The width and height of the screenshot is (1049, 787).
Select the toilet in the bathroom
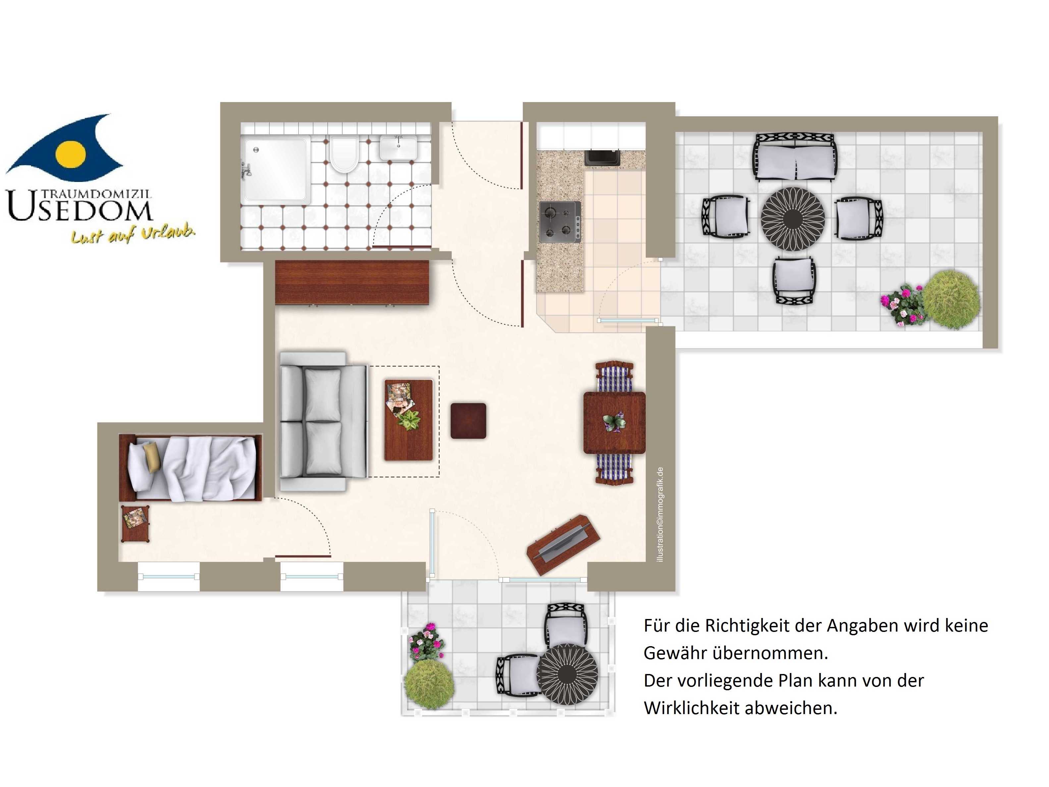point(344,154)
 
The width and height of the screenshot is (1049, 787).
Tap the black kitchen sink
point(602,157)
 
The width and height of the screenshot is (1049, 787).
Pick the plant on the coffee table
point(408,420)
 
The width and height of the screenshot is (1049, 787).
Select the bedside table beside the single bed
point(136,524)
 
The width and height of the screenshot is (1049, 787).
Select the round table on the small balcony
point(567,674)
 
